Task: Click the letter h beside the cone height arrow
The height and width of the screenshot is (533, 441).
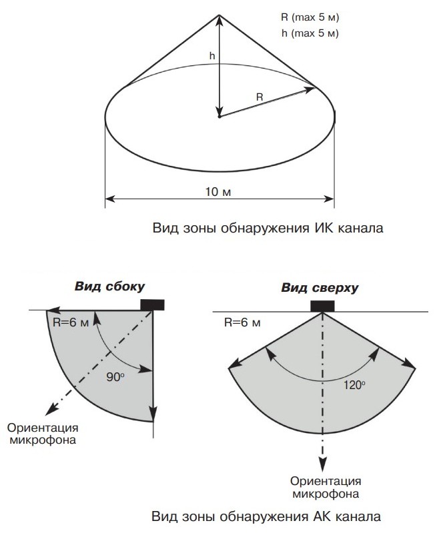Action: click(x=211, y=57)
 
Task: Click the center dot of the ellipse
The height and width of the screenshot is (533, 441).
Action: click(x=219, y=117)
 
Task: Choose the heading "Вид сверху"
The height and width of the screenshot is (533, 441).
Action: click(x=320, y=288)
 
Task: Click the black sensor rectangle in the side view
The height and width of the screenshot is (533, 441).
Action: click(x=153, y=304)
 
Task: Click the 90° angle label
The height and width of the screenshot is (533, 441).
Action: click(x=115, y=376)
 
